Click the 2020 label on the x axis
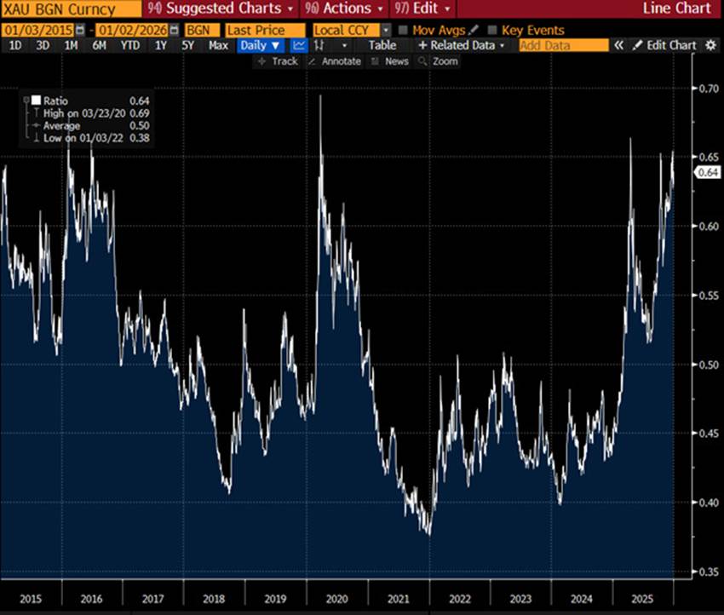[337, 599]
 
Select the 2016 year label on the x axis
[93, 599]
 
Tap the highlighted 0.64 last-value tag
[709, 172]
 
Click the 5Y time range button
[187, 45]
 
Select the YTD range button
[130, 45]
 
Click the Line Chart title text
[676, 9]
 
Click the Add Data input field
[563, 45]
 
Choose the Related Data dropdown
[461, 45]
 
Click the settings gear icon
[711, 45]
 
